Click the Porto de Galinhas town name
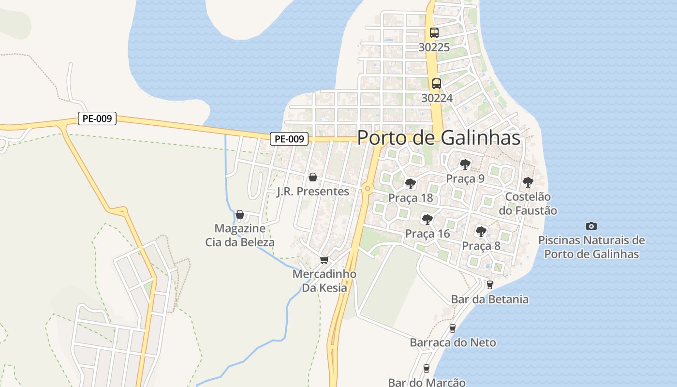pos(439,138)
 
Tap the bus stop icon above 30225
pos(434,33)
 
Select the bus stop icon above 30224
pos(436,83)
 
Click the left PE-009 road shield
pos(97,119)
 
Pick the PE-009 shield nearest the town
pos(289,139)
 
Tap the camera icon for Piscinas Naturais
pos(591,226)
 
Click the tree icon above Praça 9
pos(465,164)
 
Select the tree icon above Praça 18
pos(411,184)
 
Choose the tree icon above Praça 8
pos(481,232)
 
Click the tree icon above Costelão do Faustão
pos(528,182)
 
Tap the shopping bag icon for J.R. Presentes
pos(313,177)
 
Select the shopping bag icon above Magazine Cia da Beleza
pos(239,214)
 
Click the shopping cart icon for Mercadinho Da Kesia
pos(324,260)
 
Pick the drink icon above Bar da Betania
pos(489,285)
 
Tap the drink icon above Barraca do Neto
pos(453,328)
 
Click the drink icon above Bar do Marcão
pos(426,369)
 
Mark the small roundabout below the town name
pos(368,188)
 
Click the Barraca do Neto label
pos(453,342)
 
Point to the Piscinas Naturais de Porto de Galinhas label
pos(591,247)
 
